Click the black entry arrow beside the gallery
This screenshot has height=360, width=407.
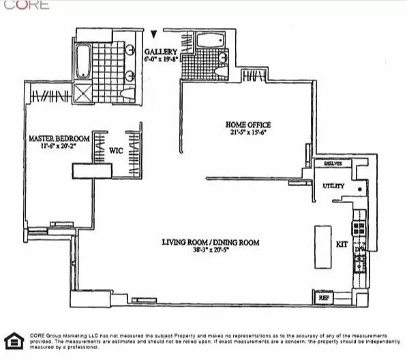pyautogui.click(x=155, y=33)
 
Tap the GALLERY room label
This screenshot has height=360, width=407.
pyautogui.click(x=162, y=52)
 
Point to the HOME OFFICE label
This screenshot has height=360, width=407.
pyautogui.click(x=248, y=125)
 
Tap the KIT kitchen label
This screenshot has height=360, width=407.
pyautogui.click(x=342, y=243)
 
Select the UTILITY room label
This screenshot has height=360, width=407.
pyautogui.click(x=333, y=186)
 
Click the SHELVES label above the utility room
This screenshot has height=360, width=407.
pyautogui.click(x=333, y=164)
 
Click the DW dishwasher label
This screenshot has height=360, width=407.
pyautogui.click(x=359, y=250)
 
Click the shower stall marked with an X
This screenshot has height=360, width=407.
pyautogui.click(x=85, y=93)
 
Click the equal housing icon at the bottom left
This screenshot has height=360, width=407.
pyautogui.click(x=12, y=341)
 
